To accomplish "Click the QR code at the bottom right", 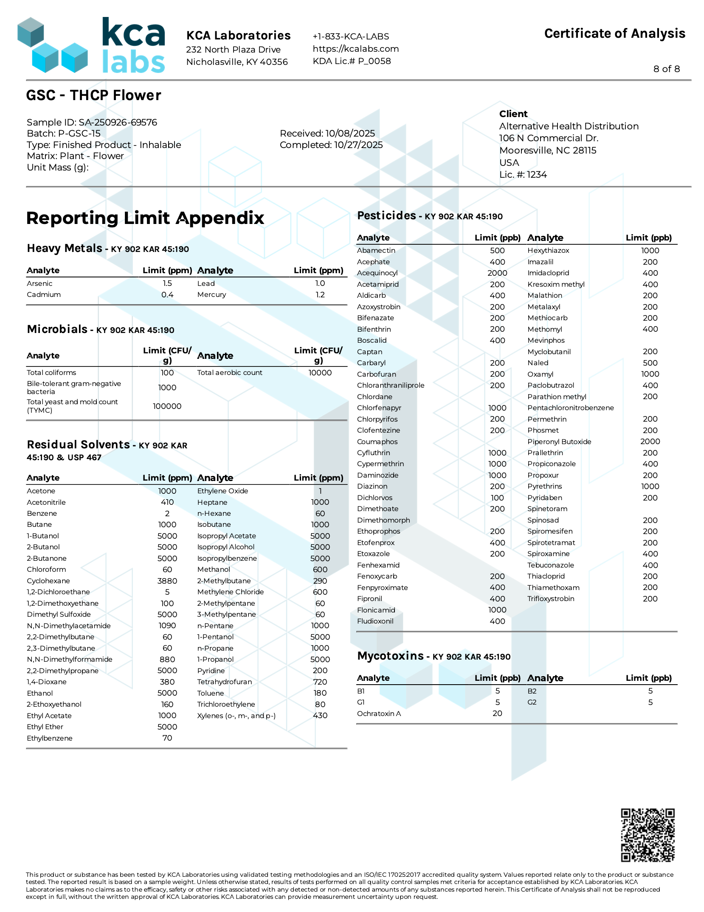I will click(x=648, y=835).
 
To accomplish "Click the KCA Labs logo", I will click(x=91, y=45).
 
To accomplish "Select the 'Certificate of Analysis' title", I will click(x=614, y=34).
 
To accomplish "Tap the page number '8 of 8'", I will click(x=666, y=69).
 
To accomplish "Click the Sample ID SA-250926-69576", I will click(x=118, y=123).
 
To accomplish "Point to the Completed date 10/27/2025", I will click(x=358, y=145).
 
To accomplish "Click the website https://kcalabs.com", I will click(x=355, y=49).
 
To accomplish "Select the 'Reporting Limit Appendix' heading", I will click(x=145, y=218).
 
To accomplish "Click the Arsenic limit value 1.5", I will click(x=167, y=283).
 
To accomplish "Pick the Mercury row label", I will click(x=211, y=295).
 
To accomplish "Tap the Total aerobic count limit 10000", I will click(x=320, y=373).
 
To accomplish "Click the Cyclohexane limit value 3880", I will click(x=167, y=581).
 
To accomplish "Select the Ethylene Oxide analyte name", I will click(x=222, y=491).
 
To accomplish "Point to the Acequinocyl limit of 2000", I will click(x=497, y=273).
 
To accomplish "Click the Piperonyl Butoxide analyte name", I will click(x=559, y=442).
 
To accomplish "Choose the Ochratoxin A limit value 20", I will click(x=497, y=714).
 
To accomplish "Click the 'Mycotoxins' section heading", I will click(x=390, y=656).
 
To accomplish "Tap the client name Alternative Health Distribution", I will click(x=569, y=126).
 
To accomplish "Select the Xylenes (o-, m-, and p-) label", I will click(x=236, y=716).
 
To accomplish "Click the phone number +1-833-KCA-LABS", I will click(x=351, y=36).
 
